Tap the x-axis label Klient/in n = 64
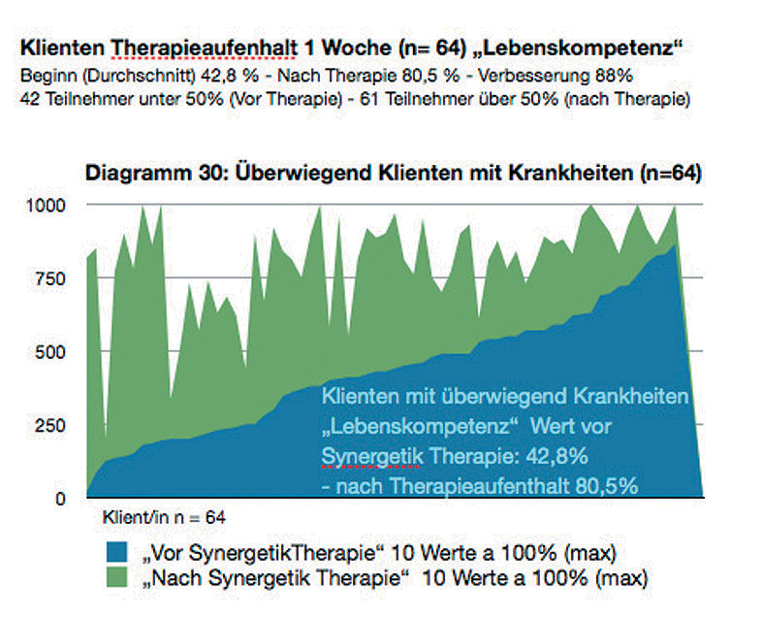pos(164,517)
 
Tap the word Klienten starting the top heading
pos(61,47)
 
